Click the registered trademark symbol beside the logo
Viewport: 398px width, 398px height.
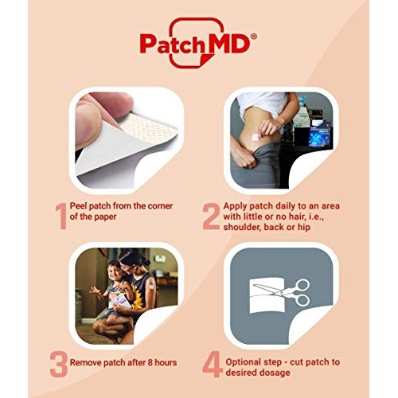(x=253, y=36)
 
